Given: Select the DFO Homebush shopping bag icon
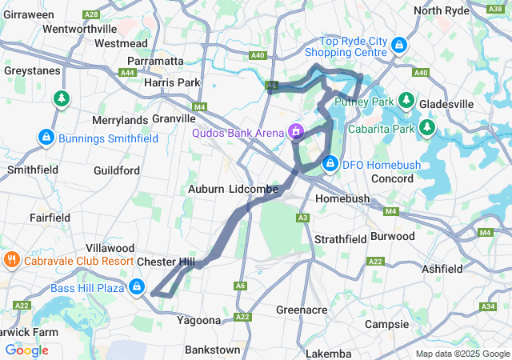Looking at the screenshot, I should pyautogui.click(x=330, y=164).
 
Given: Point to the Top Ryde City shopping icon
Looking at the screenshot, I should pyautogui.click(x=398, y=46).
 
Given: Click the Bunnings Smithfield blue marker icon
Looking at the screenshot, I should pyautogui.click(x=46, y=138).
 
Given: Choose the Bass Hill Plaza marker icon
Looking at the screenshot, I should pyautogui.click(x=138, y=286).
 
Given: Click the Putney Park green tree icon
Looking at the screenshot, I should pyautogui.click(x=406, y=101).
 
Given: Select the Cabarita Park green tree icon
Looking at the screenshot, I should pyautogui.click(x=427, y=127).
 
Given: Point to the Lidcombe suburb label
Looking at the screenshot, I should pyautogui.click(x=253, y=189).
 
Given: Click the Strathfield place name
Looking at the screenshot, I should pyautogui.click(x=340, y=239).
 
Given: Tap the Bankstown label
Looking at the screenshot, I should pyautogui.click(x=212, y=350).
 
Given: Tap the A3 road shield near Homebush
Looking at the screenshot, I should pyautogui.click(x=302, y=218).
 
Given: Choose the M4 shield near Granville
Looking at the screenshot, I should pyautogui.click(x=199, y=106).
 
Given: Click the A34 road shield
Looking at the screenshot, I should pyautogui.click(x=489, y=306).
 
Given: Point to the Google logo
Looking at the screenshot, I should pyautogui.click(x=26, y=350).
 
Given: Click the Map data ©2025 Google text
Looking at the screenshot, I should pyautogui.click(x=462, y=354).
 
